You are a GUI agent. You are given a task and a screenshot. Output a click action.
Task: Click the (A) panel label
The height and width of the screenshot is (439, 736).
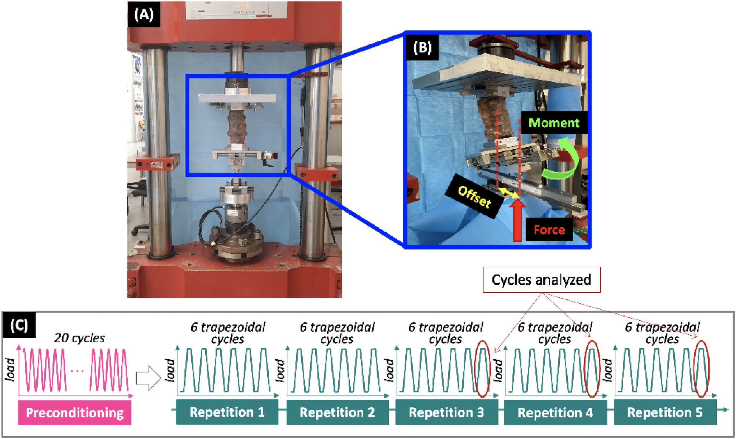(144, 15)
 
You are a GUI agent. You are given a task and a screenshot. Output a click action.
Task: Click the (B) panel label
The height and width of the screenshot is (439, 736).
(422, 48)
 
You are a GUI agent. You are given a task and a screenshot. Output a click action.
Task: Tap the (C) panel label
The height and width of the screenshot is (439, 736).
(19, 325)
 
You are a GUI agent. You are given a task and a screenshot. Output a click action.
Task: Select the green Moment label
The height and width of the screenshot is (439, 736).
(553, 123)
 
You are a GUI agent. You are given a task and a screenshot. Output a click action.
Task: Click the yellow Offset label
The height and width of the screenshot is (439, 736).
(474, 196)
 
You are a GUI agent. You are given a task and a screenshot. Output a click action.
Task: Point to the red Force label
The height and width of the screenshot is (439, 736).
(549, 230)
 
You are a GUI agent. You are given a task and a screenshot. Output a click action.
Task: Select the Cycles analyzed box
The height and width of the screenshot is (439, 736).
(541, 280)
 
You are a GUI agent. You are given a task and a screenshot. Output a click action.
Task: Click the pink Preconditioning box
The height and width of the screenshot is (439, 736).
(75, 413)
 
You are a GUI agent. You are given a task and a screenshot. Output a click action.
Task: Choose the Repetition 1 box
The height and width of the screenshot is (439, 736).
(227, 412)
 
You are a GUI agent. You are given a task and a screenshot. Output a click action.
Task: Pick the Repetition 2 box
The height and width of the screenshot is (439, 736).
(337, 412)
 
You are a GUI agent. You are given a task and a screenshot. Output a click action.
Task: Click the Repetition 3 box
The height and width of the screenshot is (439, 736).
(446, 412)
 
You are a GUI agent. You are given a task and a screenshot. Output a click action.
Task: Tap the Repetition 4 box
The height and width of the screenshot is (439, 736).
(555, 413)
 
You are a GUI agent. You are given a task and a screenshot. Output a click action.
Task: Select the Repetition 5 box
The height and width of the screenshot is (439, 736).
(665, 412)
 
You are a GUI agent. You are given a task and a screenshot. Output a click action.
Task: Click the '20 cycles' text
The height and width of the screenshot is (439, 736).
(79, 338)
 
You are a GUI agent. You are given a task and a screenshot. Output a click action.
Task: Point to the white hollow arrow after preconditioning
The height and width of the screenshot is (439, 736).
(148, 378)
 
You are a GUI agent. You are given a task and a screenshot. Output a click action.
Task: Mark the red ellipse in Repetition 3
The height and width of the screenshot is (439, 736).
(482, 369)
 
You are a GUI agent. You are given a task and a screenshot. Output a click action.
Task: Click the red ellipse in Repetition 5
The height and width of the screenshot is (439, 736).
(701, 369)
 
